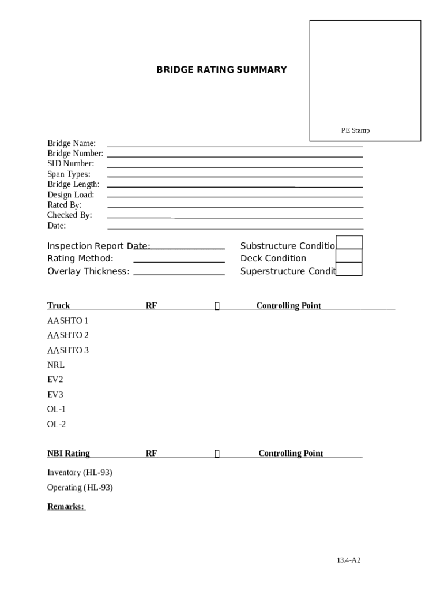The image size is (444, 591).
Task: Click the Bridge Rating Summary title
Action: click(x=221, y=70)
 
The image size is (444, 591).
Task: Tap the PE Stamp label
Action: click(x=355, y=130)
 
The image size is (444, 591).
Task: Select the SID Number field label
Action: click(x=70, y=164)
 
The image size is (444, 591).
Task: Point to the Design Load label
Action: click(x=70, y=195)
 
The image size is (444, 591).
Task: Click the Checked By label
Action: click(x=69, y=215)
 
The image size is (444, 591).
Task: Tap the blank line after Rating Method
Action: click(x=179, y=261)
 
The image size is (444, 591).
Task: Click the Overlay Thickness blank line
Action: click(x=179, y=274)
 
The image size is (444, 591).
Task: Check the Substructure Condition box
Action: click(x=349, y=243)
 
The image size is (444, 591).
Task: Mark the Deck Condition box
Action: click(x=349, y=256)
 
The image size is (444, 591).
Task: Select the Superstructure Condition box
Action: click(x=349, y=269)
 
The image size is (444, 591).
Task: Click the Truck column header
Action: click(x=58, y=306)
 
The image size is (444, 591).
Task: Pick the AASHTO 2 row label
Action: click(x=68, y=335)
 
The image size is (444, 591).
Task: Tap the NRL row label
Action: click(x=56, y=365)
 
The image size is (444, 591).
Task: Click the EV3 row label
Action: click(x=55, y=395)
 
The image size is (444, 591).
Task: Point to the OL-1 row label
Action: click(x=57, y=409)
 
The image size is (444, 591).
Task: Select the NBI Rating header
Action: click(x=68, y=454)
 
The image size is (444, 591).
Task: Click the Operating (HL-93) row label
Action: click(x=80, y=488)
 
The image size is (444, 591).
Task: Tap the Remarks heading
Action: click(x=66, y=507)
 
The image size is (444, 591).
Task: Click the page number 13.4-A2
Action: click(x=349, y=560)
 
